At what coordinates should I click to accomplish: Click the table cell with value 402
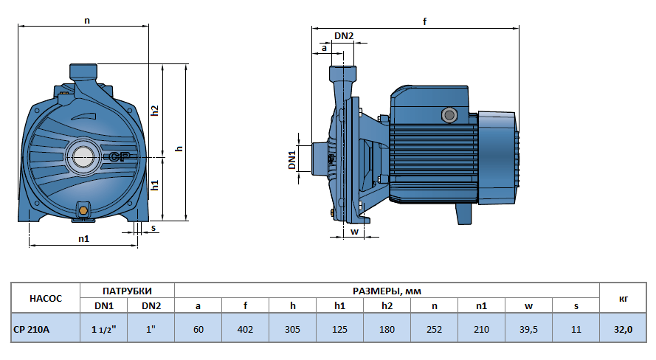point(245,329)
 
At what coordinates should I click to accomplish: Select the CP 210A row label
point(32,329)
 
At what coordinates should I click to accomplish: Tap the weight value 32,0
point(623,329)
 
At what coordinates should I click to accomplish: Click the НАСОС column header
point(46,298)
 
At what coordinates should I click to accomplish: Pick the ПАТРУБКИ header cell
point(127,291)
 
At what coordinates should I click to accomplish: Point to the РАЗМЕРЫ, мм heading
point(387,291)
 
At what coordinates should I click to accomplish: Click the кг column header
point(623,298)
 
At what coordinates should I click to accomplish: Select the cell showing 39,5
point(528,329)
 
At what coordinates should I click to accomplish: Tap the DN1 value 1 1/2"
point(104,329)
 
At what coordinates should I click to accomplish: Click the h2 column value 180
point(387,329)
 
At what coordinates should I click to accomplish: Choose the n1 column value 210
point(481,329)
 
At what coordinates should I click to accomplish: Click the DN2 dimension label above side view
point(344,36)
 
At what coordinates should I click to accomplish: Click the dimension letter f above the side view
point(424,21)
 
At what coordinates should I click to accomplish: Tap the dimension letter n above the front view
point(87,21)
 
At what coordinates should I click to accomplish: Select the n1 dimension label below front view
point(83,239)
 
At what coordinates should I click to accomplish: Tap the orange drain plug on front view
point(83,211)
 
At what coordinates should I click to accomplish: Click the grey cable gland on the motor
point(447,115)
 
